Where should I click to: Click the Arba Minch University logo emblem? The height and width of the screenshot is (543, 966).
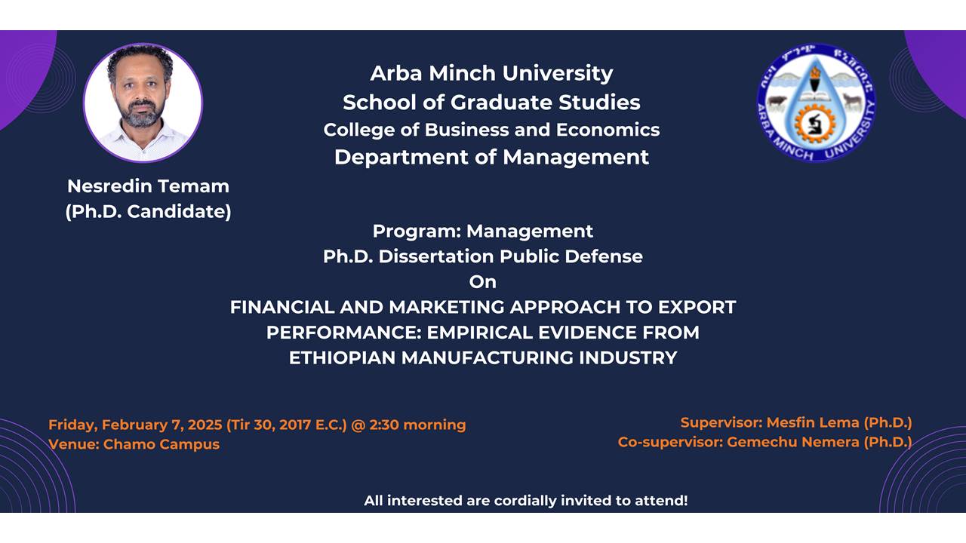coord(817,103)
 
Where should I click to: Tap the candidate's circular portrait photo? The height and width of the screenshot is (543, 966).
coord(143,103)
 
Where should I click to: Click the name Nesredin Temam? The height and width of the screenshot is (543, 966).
coord(149,186)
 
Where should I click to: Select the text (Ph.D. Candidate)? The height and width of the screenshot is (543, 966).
coord(149,212)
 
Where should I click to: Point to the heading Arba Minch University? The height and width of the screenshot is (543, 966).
coord(491,73)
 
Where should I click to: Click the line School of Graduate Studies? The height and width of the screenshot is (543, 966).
coord(491,102)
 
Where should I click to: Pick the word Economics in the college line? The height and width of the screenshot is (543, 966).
coord(608,130)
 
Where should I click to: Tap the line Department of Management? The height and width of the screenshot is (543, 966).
coord(491,158)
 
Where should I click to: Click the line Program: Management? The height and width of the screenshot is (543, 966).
coord(483,232)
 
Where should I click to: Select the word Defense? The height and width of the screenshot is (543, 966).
coord(604,256)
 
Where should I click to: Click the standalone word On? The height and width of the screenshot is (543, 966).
coord(483,282)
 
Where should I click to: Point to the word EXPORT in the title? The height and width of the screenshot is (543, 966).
coord(697,307)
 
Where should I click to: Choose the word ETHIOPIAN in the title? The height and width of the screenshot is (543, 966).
coord(342,358)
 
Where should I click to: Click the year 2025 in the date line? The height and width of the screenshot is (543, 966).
coord(205,425)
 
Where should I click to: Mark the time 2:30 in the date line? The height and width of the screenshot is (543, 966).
coord(384,425)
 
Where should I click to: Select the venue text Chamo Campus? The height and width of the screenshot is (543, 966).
coord(162,444)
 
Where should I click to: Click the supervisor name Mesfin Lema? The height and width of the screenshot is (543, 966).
coord(813,423)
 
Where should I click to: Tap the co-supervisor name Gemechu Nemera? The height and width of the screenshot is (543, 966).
coord(793,442)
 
